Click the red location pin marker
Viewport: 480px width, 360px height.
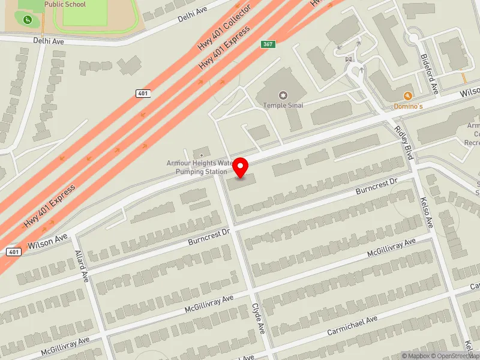(x=241, y=167)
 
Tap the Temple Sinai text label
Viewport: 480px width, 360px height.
(x=283, y=106)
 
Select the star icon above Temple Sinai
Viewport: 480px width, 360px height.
(x=283, y=95)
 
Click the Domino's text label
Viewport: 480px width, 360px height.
(x=408, y=106)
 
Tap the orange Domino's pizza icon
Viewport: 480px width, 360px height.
(x=408, y=96)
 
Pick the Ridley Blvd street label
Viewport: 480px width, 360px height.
(x=404, y=142)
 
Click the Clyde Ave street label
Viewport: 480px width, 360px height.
(x=259, y=319)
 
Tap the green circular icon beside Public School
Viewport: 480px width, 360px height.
(x=28, y=20)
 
